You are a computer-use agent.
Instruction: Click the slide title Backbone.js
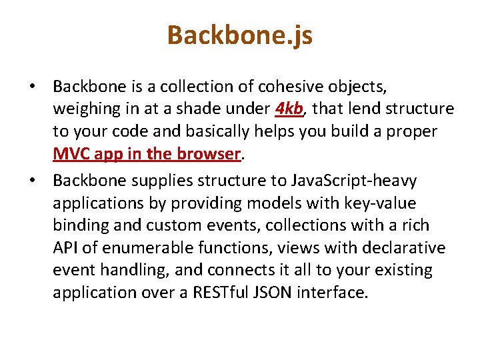tap(240, 35)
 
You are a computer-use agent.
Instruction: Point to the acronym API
tap(67, 248)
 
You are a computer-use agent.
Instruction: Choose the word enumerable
tap(145, 248)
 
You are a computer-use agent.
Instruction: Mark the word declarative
tap(404, 248)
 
